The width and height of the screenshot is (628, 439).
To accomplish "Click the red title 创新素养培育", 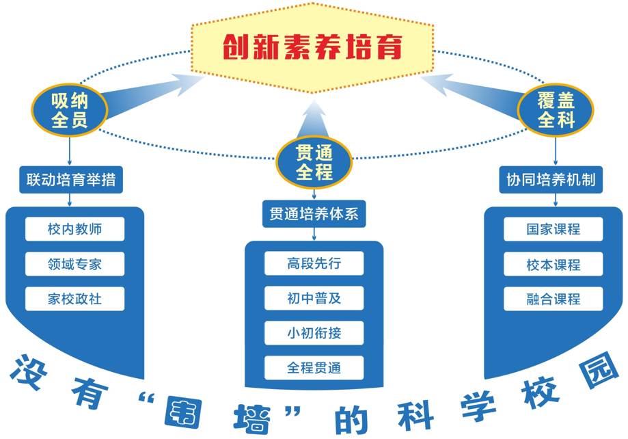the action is point(312,47).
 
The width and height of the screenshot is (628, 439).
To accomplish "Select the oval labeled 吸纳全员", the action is point(70,110).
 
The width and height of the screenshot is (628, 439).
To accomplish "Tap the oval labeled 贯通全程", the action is point(314,162).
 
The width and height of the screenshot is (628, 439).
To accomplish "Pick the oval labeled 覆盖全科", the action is point(556,110).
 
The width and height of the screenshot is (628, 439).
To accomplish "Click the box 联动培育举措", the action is point(71,180).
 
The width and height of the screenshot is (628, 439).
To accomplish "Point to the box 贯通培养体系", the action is point(314,213).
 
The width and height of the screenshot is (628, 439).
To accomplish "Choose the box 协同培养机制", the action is point(551,180).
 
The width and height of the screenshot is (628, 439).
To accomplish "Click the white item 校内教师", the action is point(75,229).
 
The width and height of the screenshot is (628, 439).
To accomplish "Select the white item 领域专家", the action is point(75,264).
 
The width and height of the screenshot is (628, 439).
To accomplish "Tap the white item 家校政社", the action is point(75,299).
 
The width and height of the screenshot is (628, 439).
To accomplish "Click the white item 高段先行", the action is point(314,263).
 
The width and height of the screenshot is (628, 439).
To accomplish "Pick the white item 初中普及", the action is point(314,298).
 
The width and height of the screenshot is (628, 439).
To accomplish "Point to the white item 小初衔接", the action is point(314,333).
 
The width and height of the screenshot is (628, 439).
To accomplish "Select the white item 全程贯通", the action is point(314,368).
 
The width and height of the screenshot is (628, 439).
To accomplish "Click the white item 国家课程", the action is point(553,229).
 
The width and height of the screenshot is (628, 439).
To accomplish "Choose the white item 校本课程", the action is point(553,264).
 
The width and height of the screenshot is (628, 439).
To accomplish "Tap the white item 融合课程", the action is point(553,299).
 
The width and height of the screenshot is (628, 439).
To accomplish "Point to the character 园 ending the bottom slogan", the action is point(599,371).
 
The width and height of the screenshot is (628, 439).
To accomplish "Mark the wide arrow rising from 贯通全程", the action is point(314,119).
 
